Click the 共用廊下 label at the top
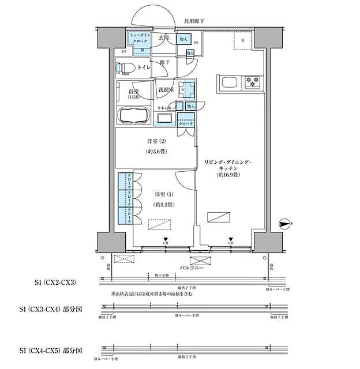coord(194,21)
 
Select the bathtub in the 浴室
coord(134,116)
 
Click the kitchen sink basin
coord(226,82)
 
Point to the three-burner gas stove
coord(252,82)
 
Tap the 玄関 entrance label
coord(164,38)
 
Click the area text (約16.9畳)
coord(228,175)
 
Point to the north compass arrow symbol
coord(284,223)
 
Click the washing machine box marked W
coord(186,90)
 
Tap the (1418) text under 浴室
coord(133,97)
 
